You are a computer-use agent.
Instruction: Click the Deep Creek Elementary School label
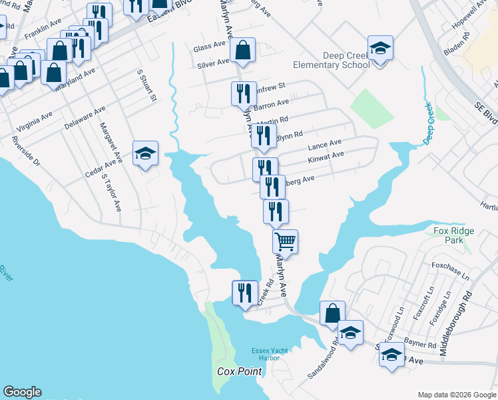click(x=337, y=60)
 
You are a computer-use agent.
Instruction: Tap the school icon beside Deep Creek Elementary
click(x=380, y=49)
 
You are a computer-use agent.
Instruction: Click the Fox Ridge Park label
click(x=454, y=235)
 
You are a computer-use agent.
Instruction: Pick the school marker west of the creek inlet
click(x=145, y=154)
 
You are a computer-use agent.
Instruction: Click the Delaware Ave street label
click(x=85, y=117)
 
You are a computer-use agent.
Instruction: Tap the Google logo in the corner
click(x=22, y=392)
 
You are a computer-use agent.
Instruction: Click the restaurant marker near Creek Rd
click(x=244, y=293)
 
